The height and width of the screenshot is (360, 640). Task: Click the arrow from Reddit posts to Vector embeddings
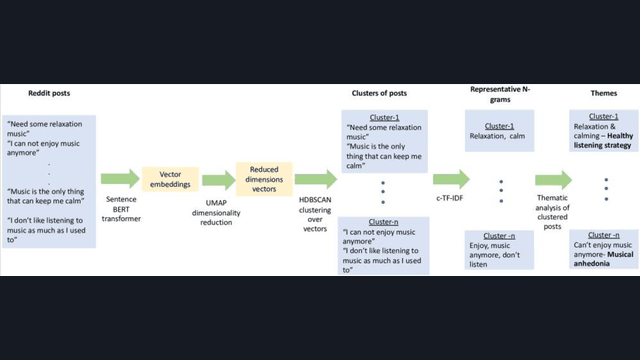[x=119, y=180]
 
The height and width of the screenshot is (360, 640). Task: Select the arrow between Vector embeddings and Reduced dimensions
[x=216, y=180]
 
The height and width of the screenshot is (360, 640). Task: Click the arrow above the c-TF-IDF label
[x=449, y=180]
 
